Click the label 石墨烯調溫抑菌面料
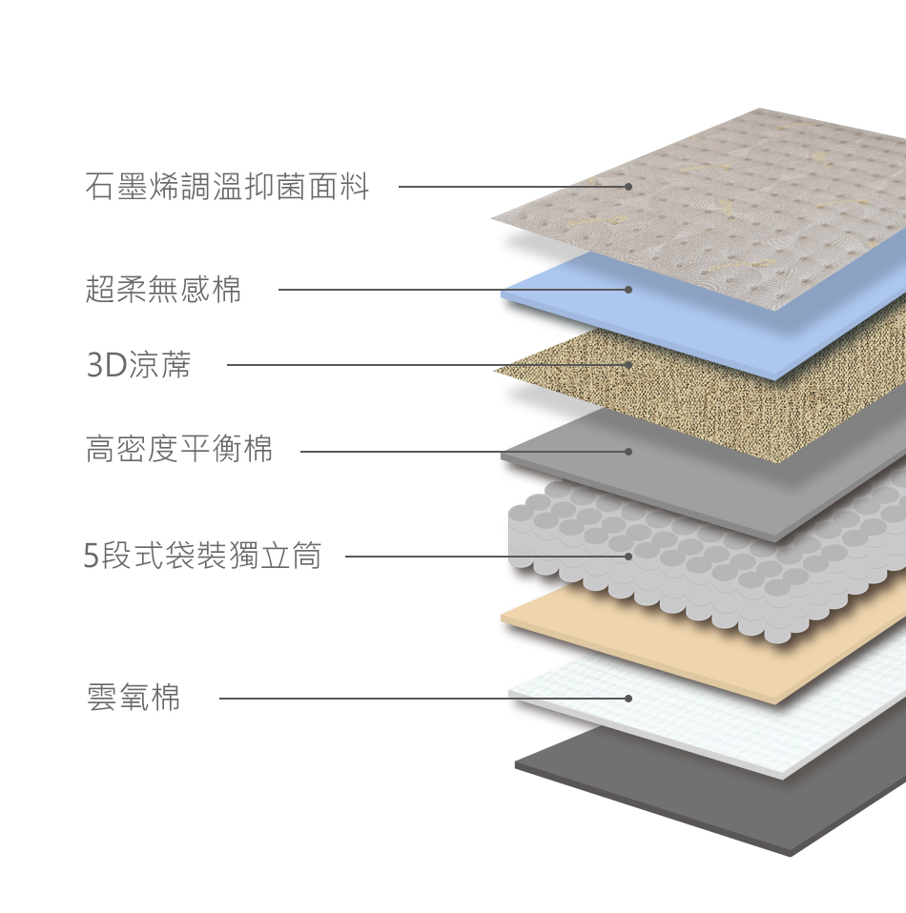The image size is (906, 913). pyautogui.click(x=227, y=187)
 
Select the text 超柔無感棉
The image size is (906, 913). pyautogui.click(x=164, y=290)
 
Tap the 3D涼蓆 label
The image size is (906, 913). pyautogui.click(x=139, y=365)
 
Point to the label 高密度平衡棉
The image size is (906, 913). pyautogui.click(x=179, y=449)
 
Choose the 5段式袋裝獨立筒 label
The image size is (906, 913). pyautogui.click(x=202, y=556)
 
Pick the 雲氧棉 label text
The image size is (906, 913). pyautogui.click(x=134, y=698)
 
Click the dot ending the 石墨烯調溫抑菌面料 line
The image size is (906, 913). pyautogui.click(x=628, y=187)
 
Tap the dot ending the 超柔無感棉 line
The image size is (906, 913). pyautogui.click(x=628, y=290)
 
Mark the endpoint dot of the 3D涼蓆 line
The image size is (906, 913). pyautogui.click(x=628, y=365)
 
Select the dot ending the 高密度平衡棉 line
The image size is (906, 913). pyautogui.click(x=628, y=451)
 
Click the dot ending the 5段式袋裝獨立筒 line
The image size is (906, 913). pyautogui.click(x=628, y=556)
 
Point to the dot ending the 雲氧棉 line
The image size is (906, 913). pyautogui.click(x=628, y=699)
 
